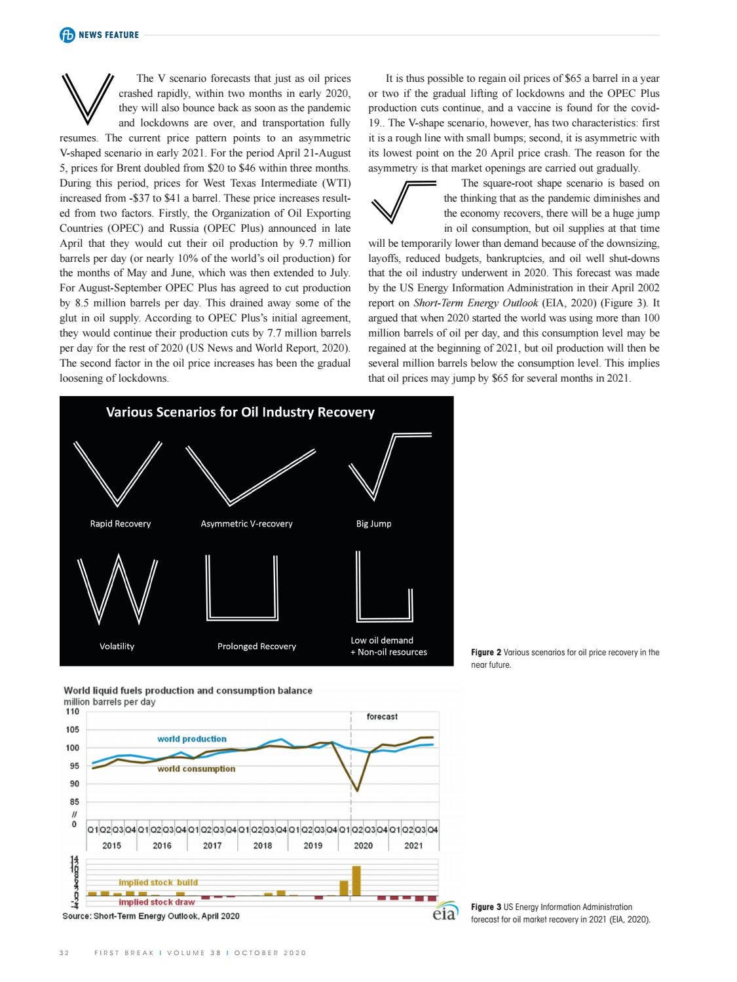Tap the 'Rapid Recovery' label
tap(120, 523)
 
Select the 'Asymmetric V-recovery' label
tap(246, 523)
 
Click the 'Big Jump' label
tap(373, 523)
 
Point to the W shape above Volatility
tap(118, 589)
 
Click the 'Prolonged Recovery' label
tap(256, 646)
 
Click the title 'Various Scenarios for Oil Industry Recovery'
tap(240, 412)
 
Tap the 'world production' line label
tap(191, 738)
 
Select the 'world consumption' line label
tap(196, 769)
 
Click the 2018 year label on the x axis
tap(262, 845)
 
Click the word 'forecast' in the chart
tap(382, 717)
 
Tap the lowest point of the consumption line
tap(357, 790)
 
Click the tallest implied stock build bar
tap(356, 881)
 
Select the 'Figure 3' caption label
tap(485, 907)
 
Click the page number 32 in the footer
tap(64, 953)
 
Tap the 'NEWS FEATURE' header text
tap(108, 35)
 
